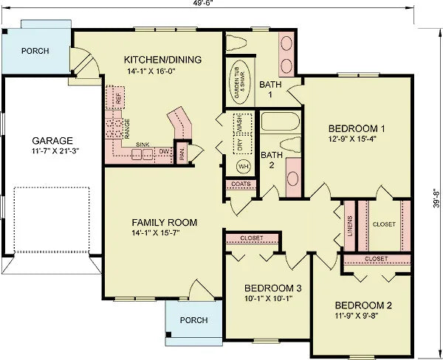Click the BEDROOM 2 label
(x=363, y=305)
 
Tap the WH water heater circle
(x=243, y=166)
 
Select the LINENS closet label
(x=349, y=220)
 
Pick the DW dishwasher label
(x=164, y=151)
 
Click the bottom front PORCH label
(x=193, y=320)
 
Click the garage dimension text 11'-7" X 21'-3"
(x=52, y=151)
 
